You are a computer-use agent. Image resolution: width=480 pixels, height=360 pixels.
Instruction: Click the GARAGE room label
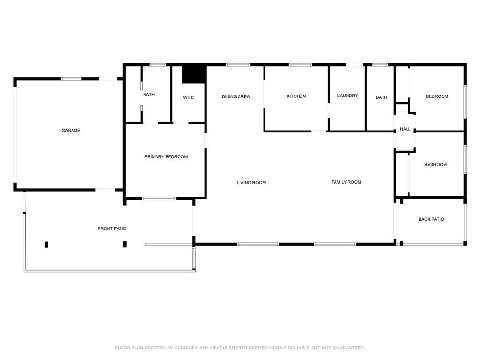71,130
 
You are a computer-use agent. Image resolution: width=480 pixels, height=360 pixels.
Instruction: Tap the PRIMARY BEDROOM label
166,157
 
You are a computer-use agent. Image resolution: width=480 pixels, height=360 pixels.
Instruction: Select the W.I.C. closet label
189,97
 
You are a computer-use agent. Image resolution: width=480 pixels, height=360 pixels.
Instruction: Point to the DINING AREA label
236,96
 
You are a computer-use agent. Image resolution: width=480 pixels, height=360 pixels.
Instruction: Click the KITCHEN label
296,96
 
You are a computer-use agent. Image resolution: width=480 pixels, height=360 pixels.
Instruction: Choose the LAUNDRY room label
348,96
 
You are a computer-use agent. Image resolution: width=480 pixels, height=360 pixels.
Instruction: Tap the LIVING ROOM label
252,183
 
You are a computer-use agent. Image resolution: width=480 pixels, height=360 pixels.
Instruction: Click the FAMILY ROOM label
346,182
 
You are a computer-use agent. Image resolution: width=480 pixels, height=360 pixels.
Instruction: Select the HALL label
405,129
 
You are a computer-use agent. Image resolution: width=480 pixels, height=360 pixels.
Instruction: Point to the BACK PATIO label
431,219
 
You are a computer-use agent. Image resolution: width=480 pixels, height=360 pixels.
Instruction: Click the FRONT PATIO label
112,228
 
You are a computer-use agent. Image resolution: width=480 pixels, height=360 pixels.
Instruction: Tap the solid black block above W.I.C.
194,74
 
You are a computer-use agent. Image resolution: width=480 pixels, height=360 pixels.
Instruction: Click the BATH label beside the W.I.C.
149,94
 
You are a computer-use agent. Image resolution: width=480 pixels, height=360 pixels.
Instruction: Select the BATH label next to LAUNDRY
382,97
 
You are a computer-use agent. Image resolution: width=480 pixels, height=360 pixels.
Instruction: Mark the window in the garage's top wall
71,79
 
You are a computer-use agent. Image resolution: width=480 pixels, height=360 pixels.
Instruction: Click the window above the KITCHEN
300,65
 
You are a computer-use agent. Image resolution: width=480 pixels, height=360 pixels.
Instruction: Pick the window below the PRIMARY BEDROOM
158,199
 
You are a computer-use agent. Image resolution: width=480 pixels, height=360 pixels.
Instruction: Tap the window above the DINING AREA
238,65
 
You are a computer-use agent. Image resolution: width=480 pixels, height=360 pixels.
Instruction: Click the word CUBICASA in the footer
187,348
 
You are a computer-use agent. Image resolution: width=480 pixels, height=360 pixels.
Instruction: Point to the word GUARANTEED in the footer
349,348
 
